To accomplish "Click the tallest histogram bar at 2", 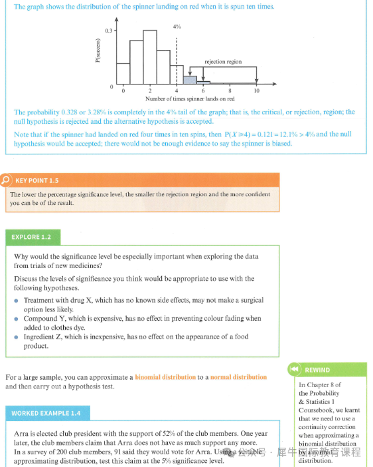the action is [150, 57].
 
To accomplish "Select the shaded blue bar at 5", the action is [190, 80].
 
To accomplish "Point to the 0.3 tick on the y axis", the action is [108, 31].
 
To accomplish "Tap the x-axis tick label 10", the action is [256, 91].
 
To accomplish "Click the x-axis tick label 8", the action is [230, 91].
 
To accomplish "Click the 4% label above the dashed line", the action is [177, 27].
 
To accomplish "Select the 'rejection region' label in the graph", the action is [223, 62].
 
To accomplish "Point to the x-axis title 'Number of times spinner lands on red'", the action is [190, 99].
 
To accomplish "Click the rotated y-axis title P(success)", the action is [98, 51].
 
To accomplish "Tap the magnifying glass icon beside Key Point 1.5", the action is [6, 180].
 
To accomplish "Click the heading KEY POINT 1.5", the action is [37, 180].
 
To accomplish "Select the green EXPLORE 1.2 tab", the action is [33, 237].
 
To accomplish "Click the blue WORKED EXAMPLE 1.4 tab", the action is [48, 413].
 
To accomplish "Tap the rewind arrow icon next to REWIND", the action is [294, 369].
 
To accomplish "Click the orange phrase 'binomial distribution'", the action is [165, 377].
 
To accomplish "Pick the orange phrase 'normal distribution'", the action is [238, 377].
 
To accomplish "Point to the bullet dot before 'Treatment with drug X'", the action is [17, 301].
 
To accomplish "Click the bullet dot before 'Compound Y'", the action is [17, 319].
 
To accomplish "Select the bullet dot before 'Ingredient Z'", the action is [17, 337].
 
